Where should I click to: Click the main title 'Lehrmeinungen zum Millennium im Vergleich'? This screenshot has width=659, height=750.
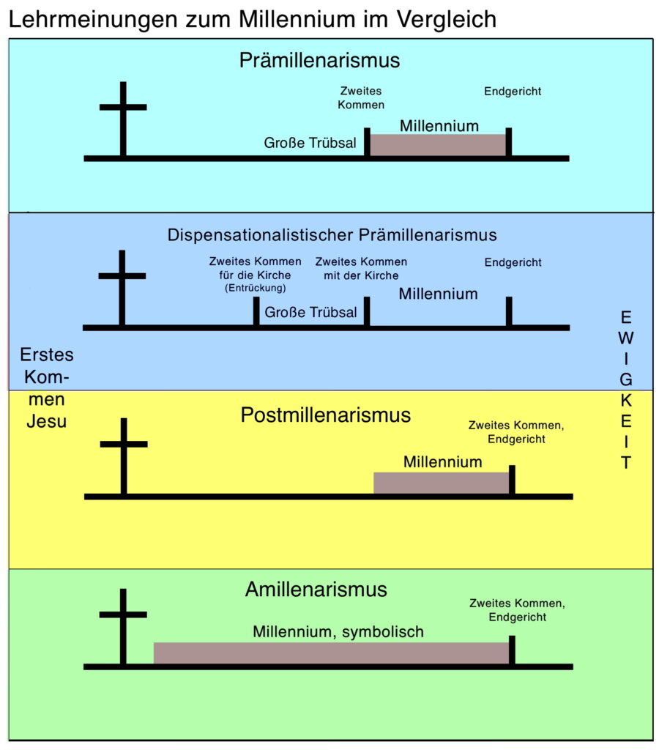click(253, 19)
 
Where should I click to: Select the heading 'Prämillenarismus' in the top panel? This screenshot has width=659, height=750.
click(319, 60)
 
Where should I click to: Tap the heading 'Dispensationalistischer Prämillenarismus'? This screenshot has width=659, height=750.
click(332, 235)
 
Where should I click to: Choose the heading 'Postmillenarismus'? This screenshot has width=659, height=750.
click(325, 415)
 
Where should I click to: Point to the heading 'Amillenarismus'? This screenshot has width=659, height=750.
click(316, 589)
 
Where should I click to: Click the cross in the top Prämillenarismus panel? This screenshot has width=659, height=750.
click(122, 117)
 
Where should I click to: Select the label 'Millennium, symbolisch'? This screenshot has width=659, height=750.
click(338, 631)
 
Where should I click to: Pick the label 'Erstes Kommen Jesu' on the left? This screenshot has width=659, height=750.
click(47, 388)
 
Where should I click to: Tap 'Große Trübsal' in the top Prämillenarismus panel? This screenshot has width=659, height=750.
click(310, 143)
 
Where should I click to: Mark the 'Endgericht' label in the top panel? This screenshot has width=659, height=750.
click(513, 92)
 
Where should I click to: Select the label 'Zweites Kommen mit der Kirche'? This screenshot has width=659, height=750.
click(361, 268)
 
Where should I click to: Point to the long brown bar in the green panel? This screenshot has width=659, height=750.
click(331, 653)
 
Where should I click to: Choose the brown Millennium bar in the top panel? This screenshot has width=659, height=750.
click(437, 144)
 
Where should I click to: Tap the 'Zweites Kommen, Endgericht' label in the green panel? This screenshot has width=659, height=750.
click(518, 610)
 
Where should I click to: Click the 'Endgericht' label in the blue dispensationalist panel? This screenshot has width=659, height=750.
click(513, 261)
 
